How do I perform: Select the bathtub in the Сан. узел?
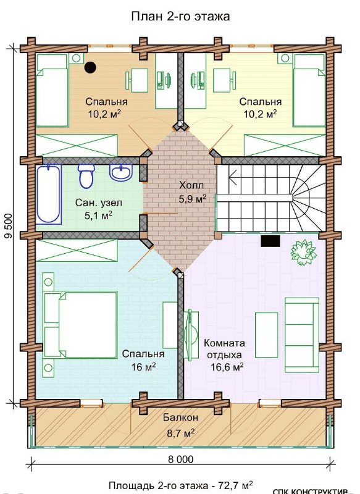click(49, 195)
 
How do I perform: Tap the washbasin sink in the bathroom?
click(120, 173)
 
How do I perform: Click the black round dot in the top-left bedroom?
click(90, 67)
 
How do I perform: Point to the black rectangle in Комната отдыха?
click(270, 241)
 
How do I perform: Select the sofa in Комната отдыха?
click(301, 335)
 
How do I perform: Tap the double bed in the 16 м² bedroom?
click(81, 325)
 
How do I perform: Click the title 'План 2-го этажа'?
click(180, 17)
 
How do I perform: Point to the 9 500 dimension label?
click(9, 226)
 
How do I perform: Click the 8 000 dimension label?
click(181, 459)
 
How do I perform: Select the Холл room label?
click(191, 185)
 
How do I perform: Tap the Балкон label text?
click(181, 418)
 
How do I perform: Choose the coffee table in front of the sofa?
click(267, 335)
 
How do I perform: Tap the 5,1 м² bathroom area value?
click(99, 215)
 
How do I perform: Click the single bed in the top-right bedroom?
click(309, 91)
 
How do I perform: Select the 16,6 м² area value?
click(227, 367)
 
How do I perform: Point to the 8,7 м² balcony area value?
click(181, 433)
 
